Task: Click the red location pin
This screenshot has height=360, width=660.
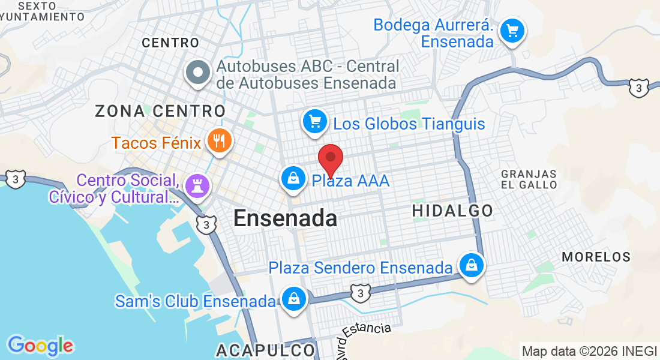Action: coord(330,158)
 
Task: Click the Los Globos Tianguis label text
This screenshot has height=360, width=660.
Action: coord(409,124)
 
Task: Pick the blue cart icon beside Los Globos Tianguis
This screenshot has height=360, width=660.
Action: coord(314,122)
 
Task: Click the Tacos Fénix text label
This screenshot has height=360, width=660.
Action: coord(157,143)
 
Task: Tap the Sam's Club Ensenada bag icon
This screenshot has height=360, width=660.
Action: coord(294,298)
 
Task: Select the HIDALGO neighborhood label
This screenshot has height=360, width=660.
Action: coord(452,211)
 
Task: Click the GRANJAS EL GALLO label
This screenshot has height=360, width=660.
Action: coord(529,179)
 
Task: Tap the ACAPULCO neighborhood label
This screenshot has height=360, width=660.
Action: coord(265,350)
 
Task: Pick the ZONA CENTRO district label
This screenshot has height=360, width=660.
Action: coord(160,111)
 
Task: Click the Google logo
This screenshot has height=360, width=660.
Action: coord(40,346)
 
